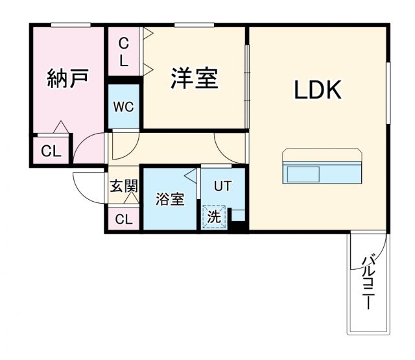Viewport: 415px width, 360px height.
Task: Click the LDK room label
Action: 318,91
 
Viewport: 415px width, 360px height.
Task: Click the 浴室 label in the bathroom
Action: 170,199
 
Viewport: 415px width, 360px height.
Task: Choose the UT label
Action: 222,186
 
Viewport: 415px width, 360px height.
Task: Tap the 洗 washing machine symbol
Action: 213,217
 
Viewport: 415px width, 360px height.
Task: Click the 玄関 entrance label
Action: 123,186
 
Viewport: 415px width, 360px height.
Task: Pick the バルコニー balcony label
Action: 368,283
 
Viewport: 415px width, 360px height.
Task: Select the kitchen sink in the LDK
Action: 302,174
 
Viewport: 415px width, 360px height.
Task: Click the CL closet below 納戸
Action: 51,151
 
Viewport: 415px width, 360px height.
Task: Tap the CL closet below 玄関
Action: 123,219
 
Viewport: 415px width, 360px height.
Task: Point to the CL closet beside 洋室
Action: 124,53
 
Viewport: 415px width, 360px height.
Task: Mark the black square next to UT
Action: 239,226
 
